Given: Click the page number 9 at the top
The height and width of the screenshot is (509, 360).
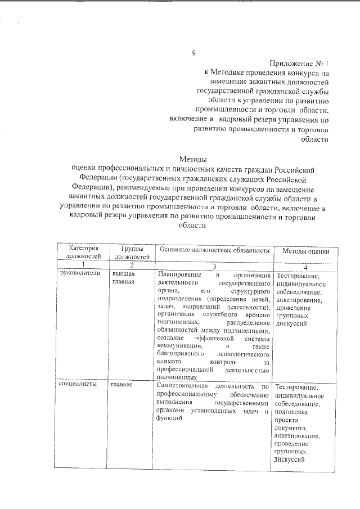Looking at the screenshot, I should pyautogui.click(x=193, y=53).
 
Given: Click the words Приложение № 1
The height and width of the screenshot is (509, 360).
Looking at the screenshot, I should pyautogui.click(x=299, y=64).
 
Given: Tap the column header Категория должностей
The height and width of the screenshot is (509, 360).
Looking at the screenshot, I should pyautogui.click(x=84, y=251).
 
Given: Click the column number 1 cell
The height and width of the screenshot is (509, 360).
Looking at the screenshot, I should pyautogui.click(x=84, y=265).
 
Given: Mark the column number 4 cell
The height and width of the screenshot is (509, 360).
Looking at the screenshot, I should pyautogui.click(x=305, y=267).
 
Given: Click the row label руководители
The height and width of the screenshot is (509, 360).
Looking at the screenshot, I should pyautogui.click(x=80, y=273).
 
